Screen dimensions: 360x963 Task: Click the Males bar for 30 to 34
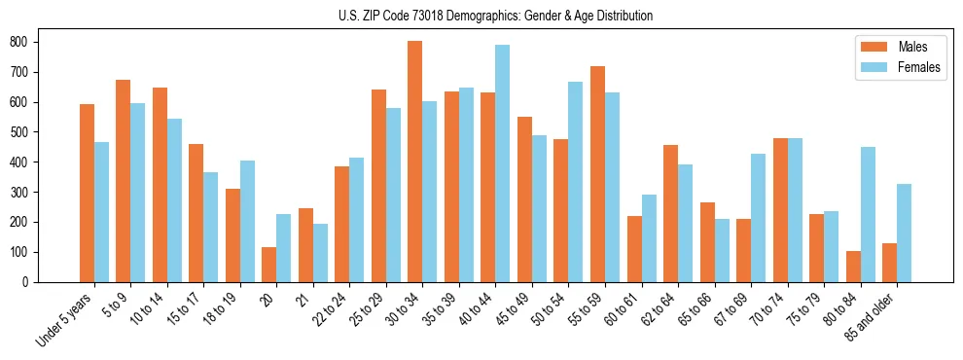click(415, 162)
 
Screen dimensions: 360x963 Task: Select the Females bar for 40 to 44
click(503, 163)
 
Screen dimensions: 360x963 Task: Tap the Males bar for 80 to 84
click(854, 267)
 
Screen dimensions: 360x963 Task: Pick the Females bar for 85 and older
click(905, 233)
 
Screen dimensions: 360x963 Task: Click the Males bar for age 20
click(269, 265)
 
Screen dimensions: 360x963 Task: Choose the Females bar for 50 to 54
click(576, 182)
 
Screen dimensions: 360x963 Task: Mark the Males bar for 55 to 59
click(598, 174)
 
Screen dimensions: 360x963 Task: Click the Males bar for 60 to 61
click(634, 249)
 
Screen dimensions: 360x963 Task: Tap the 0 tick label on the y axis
click(28, 282)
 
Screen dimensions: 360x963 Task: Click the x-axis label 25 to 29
click(369, 311)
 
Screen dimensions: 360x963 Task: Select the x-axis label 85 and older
click(874, 318)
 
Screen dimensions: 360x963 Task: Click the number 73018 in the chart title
click(432, 16)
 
